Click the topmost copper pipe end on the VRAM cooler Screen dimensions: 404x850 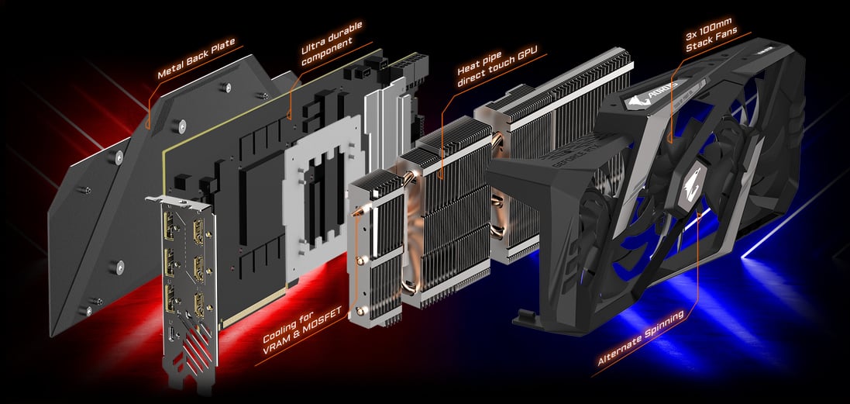357,212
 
